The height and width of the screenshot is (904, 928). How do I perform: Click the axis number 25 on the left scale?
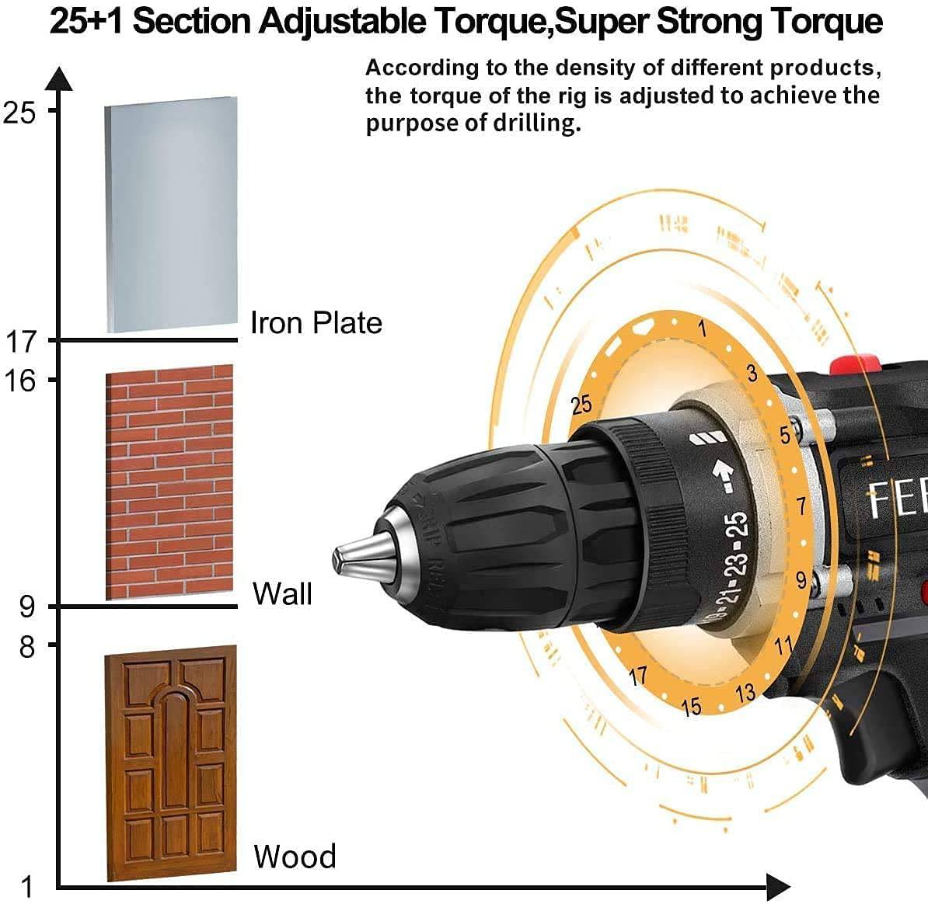19,113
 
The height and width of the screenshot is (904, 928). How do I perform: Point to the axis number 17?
22,341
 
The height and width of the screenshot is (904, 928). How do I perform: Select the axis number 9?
27,607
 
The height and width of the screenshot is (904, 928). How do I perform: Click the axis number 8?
27,646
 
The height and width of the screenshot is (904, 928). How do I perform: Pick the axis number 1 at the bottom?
27,886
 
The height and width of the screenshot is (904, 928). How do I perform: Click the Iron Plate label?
316,322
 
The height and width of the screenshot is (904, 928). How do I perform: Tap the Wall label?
282,593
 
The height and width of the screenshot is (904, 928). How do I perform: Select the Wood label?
295,856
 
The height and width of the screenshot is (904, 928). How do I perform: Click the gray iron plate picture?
171,215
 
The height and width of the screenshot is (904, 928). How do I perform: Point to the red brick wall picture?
169,482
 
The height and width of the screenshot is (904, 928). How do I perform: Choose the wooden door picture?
170,762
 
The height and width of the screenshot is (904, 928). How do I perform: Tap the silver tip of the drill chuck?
359,555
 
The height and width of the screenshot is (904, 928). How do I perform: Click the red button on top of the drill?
856,364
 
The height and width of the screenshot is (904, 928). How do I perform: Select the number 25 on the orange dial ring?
581,405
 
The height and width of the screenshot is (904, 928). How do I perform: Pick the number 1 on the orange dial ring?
702,329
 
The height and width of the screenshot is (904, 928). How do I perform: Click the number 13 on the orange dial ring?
745,692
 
